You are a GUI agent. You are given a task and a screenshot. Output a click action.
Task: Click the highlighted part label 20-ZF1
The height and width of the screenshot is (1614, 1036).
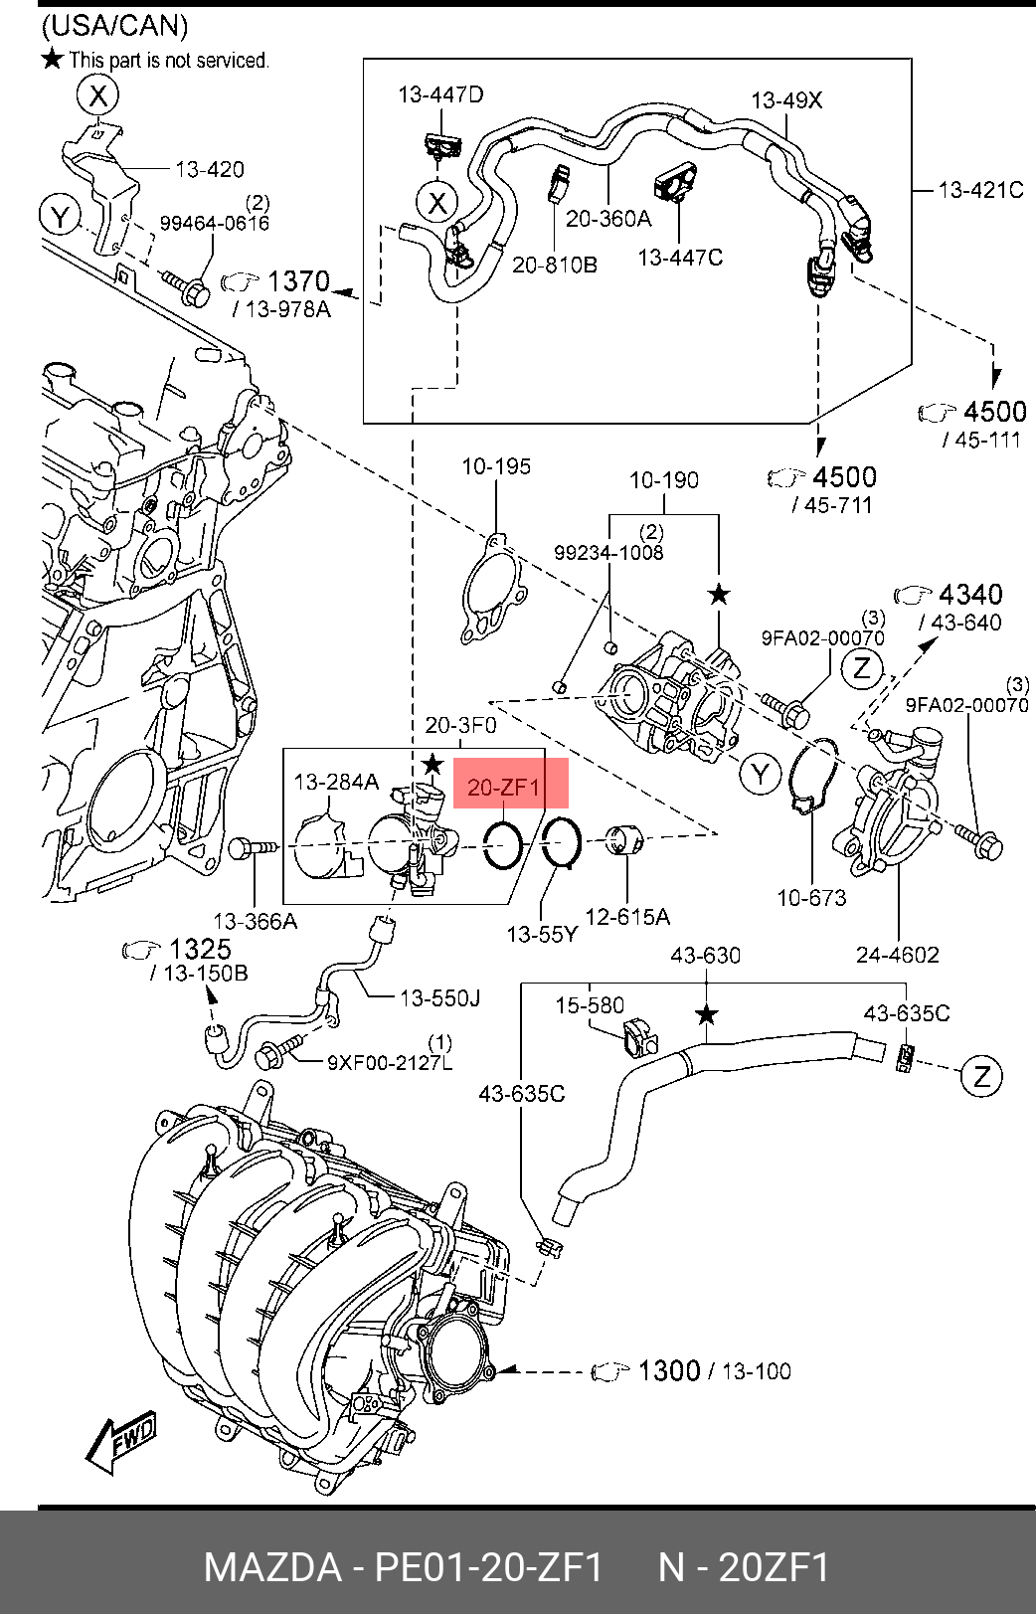click(x=503, y=787)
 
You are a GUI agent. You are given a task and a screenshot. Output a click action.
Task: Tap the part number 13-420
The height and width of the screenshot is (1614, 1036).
click(x=210, y=169)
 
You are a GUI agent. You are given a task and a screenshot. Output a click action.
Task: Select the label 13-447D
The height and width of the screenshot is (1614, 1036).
click(x=440, y=94)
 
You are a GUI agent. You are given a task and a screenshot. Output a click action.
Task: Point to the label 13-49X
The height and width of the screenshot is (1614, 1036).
click(x=786, y=100)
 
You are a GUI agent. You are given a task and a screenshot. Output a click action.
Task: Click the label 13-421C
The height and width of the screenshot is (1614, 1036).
click(x=980, y=190)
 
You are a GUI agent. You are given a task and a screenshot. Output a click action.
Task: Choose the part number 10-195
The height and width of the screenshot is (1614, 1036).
click(x=496, y=467)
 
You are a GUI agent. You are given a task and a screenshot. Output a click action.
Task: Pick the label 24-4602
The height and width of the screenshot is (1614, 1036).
click(x=898, y=955)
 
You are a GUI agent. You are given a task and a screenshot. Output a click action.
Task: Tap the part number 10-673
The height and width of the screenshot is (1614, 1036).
click(x=811, y=898)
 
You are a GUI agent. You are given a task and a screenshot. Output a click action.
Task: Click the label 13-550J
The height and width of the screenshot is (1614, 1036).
click(x=439, y=998)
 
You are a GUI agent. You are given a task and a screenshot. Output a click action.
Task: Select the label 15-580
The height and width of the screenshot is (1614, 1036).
click(x=590, y=1004)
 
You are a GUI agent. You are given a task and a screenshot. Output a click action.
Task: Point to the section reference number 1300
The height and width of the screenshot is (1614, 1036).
click(x=669, y=1370)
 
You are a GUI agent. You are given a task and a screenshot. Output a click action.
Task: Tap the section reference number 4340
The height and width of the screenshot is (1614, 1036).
click(x=970, y=595)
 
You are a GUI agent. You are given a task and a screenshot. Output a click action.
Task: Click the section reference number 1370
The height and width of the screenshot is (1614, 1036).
click(x=298, y=281)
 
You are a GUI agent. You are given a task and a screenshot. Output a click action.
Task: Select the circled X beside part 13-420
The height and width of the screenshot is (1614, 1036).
click(x=98, y=94)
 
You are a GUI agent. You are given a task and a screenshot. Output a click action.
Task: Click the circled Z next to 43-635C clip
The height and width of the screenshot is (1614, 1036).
click(x=982, y=1076)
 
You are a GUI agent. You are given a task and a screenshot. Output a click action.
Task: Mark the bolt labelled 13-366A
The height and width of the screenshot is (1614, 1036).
click(x=254, y=849)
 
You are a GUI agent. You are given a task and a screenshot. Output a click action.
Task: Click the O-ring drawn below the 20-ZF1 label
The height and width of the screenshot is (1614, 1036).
click(x=503, y=843)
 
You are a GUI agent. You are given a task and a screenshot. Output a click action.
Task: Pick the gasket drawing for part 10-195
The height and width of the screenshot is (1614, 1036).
click(x=494, y=588)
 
